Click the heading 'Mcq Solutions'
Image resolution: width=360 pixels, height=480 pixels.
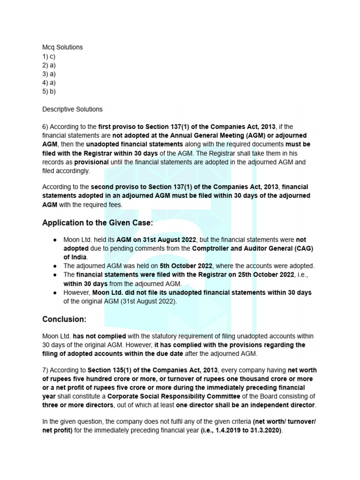(62, 47)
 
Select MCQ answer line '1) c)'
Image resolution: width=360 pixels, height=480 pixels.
(49, 56)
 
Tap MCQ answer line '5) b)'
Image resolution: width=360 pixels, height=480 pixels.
(49, 91)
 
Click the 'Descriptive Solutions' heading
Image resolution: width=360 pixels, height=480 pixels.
(72, 109)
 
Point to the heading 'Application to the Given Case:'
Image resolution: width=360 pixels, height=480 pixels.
(97, 223)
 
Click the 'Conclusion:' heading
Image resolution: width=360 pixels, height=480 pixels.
(64, 319)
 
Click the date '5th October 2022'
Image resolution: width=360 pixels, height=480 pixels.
(186, 266)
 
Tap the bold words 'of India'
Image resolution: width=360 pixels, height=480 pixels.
(75, 257)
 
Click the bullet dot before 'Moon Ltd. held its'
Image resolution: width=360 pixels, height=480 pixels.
(55, 240)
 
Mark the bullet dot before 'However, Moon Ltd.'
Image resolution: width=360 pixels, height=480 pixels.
(55, 292)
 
